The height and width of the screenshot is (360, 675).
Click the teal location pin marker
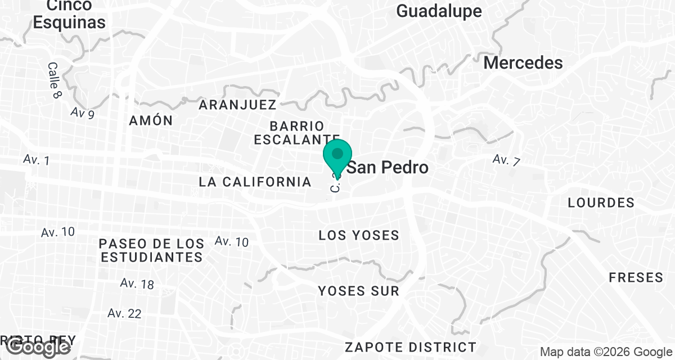[x=337, y=156]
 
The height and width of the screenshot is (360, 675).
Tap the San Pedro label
[x=388, y=168]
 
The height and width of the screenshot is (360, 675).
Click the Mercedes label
[x=523, y=63]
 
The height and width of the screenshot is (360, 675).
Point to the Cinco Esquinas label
[x=69, y=14]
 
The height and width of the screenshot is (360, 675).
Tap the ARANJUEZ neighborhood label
[x=237, y=105]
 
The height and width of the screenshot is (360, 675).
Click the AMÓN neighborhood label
[x=150, y=121]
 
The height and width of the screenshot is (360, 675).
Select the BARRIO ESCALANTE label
[x=296, y=133]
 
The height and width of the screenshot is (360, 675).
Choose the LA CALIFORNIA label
[x=255, y=182]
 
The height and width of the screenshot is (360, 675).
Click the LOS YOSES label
[x=359, y=235]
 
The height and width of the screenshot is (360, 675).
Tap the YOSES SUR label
[x=358, y=291]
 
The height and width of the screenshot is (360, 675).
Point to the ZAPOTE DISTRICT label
[x=411, y=346]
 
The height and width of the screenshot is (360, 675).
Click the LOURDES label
[x=601, y=202]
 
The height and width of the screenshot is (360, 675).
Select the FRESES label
[x=636, y=278]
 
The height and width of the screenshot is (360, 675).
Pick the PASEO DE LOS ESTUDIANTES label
[x=151, y=251]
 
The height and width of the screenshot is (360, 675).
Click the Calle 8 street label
[x=54, y=80]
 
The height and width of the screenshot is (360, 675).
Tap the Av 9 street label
[x=82, y=112]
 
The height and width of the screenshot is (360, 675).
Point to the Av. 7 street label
[x=506, y=160]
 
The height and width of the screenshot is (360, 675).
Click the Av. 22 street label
[x=124, y=313]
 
